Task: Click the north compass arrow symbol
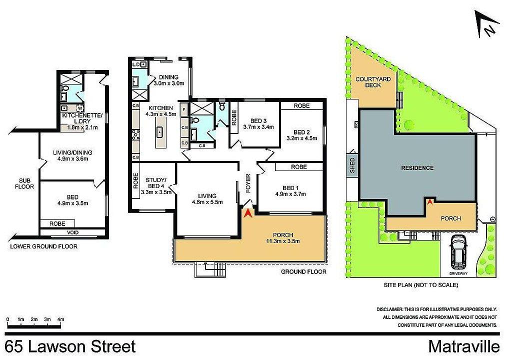487,26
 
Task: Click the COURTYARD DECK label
368,82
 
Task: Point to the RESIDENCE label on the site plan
417,167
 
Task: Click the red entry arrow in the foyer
247,212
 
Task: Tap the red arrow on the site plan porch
429,201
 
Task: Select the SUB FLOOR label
26,183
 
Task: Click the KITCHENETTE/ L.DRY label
81,118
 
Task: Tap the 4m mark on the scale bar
60,319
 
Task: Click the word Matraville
464,346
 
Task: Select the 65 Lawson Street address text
70,346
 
